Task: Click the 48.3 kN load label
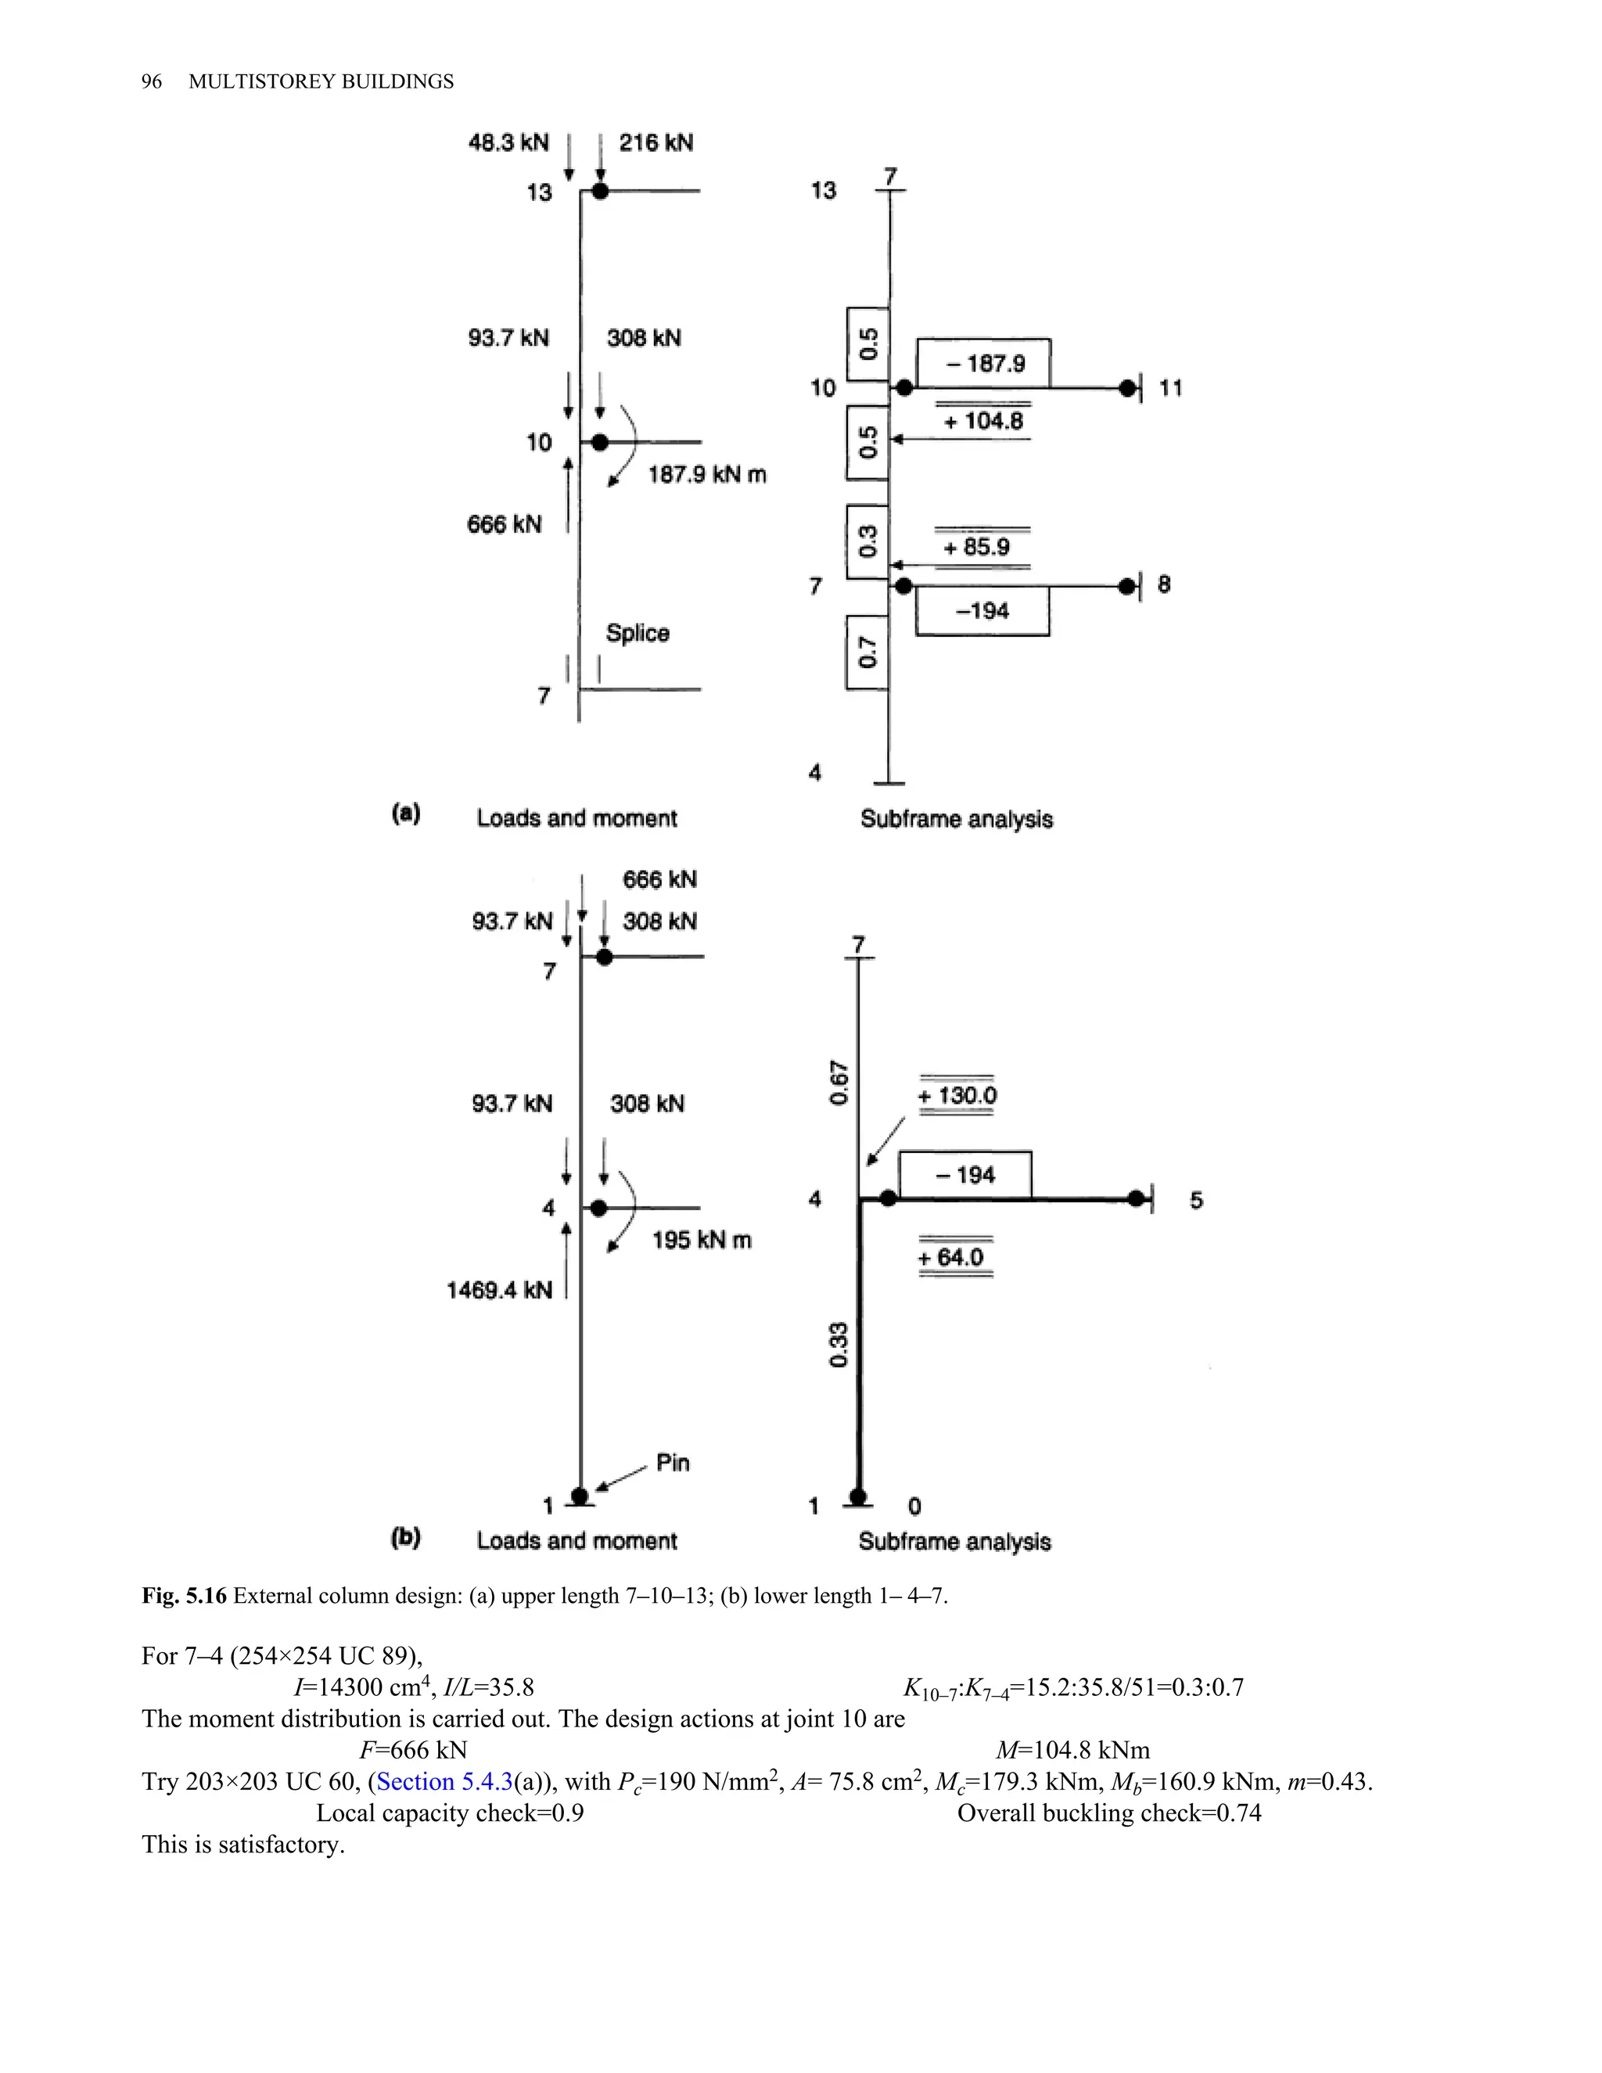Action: point(508,142)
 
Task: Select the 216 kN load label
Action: point(656,142)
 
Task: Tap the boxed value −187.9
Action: point(984,364)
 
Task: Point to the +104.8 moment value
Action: point(983,421)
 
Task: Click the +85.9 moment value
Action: point(976,547)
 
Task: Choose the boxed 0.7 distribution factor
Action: point(867,652)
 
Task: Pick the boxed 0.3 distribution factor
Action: point(867,541)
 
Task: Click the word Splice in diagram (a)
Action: point(638,633)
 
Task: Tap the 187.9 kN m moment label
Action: point(707,475)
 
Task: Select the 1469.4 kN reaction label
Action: point(499,1290)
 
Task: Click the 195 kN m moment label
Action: point(702,1241)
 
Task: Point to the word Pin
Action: point(673,1463)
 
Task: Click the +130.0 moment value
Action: point(957,1095)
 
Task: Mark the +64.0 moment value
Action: point(951,1258)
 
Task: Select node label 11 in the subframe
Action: point(1171,387)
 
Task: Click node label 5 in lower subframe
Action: point(1196,1201)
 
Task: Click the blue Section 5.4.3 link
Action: point(444,1781)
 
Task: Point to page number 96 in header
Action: point(152,81)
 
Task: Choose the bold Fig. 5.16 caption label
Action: point(184,1596)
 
